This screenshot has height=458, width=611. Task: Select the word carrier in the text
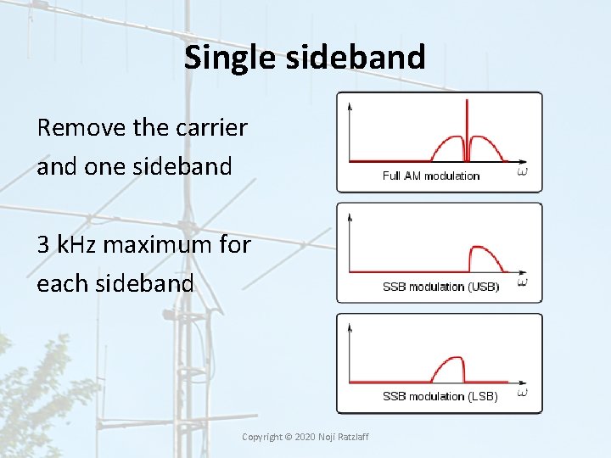point(212,128)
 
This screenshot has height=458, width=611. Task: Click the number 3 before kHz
point(43,245)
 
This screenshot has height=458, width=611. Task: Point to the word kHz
point(80,245)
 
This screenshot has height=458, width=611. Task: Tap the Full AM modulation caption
point(431,176)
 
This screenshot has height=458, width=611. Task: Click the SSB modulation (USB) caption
point(440,287)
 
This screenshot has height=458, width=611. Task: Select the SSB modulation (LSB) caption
point(440,396)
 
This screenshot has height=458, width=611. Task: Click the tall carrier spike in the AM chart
point(467,127)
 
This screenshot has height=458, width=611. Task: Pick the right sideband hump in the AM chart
point(486,148)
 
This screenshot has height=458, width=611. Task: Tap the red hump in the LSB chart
point(449,370)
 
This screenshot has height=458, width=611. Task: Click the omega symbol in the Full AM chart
point(522,172)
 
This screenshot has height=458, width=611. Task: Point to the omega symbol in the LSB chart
point(522,393)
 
